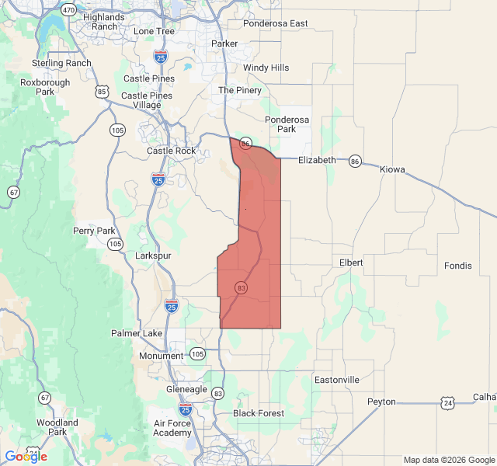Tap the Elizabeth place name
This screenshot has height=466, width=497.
pos(318,160)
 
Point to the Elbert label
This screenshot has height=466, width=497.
pos(351,263)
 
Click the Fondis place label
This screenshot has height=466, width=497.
pos(457,266)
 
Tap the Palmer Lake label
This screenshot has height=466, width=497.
pos(137,333)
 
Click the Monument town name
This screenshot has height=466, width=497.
pos(162,356)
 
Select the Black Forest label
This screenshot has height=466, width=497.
pos(259,413)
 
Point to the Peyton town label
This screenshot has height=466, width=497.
pos(381,402)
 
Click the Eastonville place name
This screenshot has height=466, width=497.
pos(336,380)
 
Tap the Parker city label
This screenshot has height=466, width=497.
pos(224,43)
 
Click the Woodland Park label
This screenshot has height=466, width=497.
pos(57,427)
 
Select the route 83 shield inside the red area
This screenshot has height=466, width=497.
pos(241,288)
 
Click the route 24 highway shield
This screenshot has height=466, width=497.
pos(447,402)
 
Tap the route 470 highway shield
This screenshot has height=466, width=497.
pos(68,11)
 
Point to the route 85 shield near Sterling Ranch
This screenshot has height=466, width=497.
pos(103,92)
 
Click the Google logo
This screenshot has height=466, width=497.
pos(26,457)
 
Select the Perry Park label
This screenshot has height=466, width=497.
pos(94,231)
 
